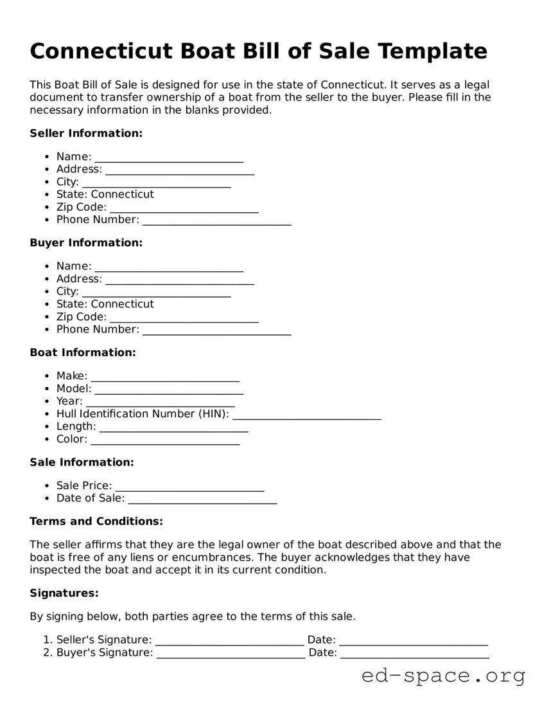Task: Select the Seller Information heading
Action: [86, 133]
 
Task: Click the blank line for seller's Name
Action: [169, 157]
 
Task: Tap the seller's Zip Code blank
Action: [184, 208]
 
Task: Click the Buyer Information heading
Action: [86, 242]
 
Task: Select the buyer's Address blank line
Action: [180, 280]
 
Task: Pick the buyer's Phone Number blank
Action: [217, 330]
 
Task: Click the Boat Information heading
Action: [83, 352]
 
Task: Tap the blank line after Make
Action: [165, 377]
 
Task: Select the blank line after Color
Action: [165, 440]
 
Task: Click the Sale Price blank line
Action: [189, 487]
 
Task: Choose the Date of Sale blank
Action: [202, 500]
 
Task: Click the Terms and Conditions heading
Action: [96, 521]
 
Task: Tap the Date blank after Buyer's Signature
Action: [415, 654]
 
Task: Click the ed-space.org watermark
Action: [443, 676]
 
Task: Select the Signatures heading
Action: [64, 593]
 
